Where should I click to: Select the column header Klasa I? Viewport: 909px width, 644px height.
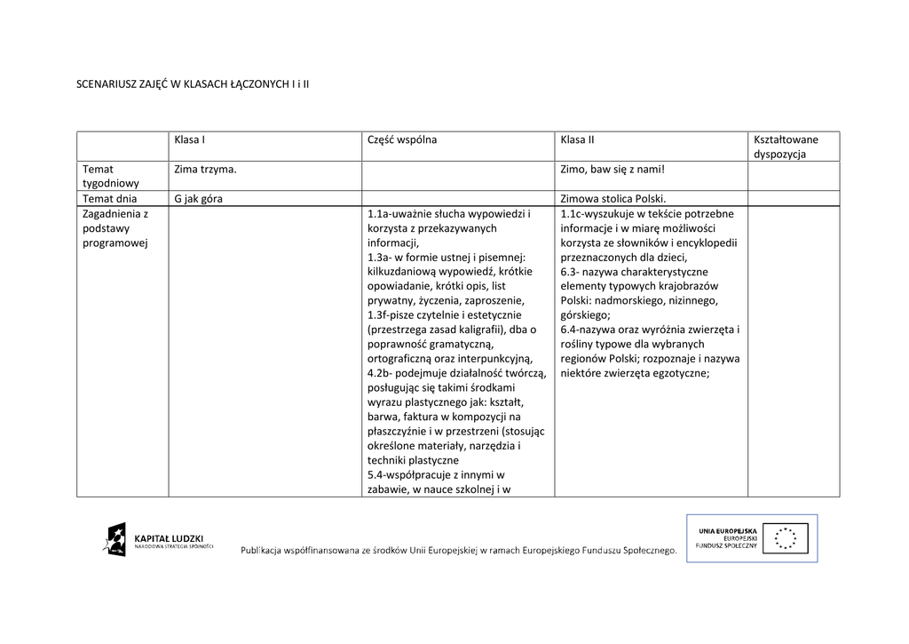[x=190, y=139]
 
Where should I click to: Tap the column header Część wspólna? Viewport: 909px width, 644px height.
[x=401, y=139]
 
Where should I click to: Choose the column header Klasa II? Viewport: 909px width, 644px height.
[x=577, y=139]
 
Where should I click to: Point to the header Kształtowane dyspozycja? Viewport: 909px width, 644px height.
[x=786, y=147]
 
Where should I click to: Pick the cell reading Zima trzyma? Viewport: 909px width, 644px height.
[x=205, y=169]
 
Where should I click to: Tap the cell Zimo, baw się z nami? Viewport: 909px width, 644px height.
[x=612, y=169]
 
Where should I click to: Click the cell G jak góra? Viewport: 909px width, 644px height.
[x=198, y=199]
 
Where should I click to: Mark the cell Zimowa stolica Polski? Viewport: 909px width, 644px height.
[x=613, y=199]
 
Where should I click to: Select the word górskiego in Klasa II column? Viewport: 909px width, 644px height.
[x=585, y=314]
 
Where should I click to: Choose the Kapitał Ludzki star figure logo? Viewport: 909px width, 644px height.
[x=115, y=540]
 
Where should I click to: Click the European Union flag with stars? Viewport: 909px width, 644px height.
[x=786, y=538]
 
